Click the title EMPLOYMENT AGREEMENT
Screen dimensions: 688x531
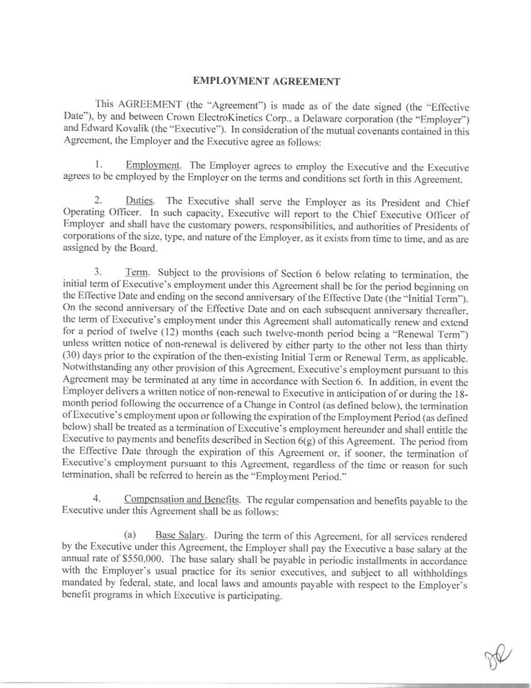[x=266, y=82]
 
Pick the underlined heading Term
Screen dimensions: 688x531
[x=134, y=271]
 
